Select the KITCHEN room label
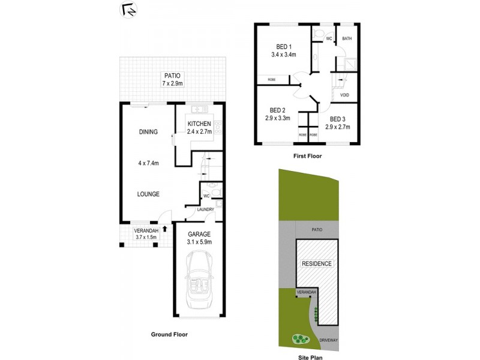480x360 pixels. click(199, 124)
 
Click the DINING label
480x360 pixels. click(148, 132)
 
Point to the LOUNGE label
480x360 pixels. click(148, 194)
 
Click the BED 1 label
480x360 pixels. click(284, 47)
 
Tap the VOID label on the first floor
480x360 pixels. click(344, 95)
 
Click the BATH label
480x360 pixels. click(347, 39)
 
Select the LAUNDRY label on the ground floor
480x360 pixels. click(206, 209)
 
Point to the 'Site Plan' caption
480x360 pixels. click(311, 356)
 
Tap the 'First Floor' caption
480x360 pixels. click(307, 156)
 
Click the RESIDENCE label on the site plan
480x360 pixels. click(317, 263)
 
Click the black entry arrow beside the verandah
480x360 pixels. click(165, 228)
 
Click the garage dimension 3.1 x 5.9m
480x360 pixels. click(200, 242)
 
